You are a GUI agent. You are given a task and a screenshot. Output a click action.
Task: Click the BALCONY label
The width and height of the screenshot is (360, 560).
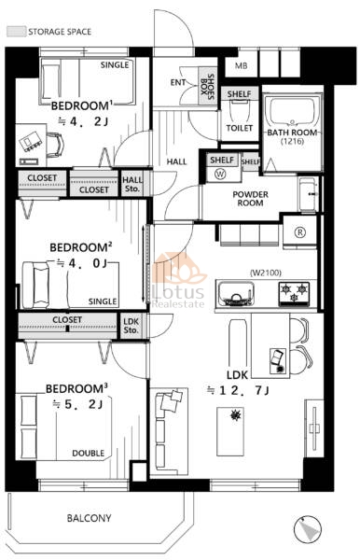pos(89,518)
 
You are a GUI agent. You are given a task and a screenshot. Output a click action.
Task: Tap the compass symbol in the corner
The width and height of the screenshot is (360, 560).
pos(308,529)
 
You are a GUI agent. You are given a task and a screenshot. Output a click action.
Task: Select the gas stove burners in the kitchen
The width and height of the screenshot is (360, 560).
pos(294,294)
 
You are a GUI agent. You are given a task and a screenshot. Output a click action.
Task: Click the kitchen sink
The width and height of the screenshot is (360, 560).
pos(236,294)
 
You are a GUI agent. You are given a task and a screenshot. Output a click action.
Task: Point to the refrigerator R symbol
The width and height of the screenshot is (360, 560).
pos(300,232)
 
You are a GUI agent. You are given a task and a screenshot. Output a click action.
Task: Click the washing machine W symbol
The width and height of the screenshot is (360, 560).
pos(220,175)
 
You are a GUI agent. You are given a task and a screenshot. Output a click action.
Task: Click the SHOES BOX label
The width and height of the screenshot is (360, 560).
pos(207,86)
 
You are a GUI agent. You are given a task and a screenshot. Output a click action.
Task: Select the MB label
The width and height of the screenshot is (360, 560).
pos(242,65)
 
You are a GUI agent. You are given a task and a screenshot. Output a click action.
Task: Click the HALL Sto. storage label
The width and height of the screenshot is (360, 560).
pos(132,184)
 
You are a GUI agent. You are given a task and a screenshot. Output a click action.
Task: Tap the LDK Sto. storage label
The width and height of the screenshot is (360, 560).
pos(131,326)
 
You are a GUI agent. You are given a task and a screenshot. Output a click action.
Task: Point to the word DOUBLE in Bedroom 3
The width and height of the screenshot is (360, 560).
pos(88,454)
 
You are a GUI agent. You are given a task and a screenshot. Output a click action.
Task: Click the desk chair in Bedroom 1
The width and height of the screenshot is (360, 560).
pos(55,145)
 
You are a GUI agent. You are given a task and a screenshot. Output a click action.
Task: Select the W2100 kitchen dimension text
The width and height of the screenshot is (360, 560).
pos(266,273)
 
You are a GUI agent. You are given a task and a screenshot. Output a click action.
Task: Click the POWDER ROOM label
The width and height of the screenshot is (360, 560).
pos(251,199)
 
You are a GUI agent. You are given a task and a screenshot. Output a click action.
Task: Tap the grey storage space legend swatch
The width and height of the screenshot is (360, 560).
pos(17,32)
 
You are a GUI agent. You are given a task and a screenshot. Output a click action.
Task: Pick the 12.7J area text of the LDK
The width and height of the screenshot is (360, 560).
pos(238,391)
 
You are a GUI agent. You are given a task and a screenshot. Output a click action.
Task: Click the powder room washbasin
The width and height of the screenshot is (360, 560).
pos(308,194)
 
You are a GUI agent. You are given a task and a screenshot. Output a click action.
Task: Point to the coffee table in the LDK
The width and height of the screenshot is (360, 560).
pos(230,431)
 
